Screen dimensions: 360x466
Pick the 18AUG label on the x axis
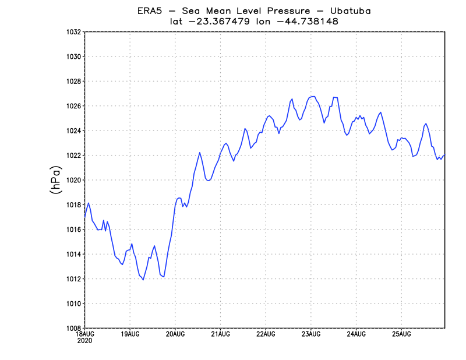tap(84, 334)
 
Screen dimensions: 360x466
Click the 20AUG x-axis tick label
tap(175, 334)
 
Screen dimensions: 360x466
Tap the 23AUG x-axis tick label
tap(310, 334)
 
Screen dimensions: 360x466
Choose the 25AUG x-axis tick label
tap(401, 334)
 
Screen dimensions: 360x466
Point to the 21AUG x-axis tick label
tap(220, 334)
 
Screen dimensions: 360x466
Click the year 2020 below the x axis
tap(84, 340)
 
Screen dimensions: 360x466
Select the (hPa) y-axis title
tap(57, 180)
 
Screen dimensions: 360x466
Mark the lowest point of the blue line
tap(143, 280)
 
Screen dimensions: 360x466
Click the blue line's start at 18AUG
tap(85, 217)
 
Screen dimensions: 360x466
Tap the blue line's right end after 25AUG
tap(445, 155)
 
